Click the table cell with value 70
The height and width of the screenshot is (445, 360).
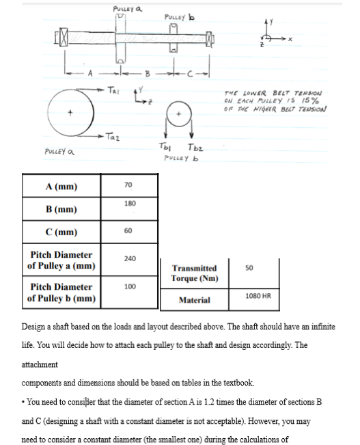coord(128,185)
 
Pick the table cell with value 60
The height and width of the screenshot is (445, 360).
coord(128,230)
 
